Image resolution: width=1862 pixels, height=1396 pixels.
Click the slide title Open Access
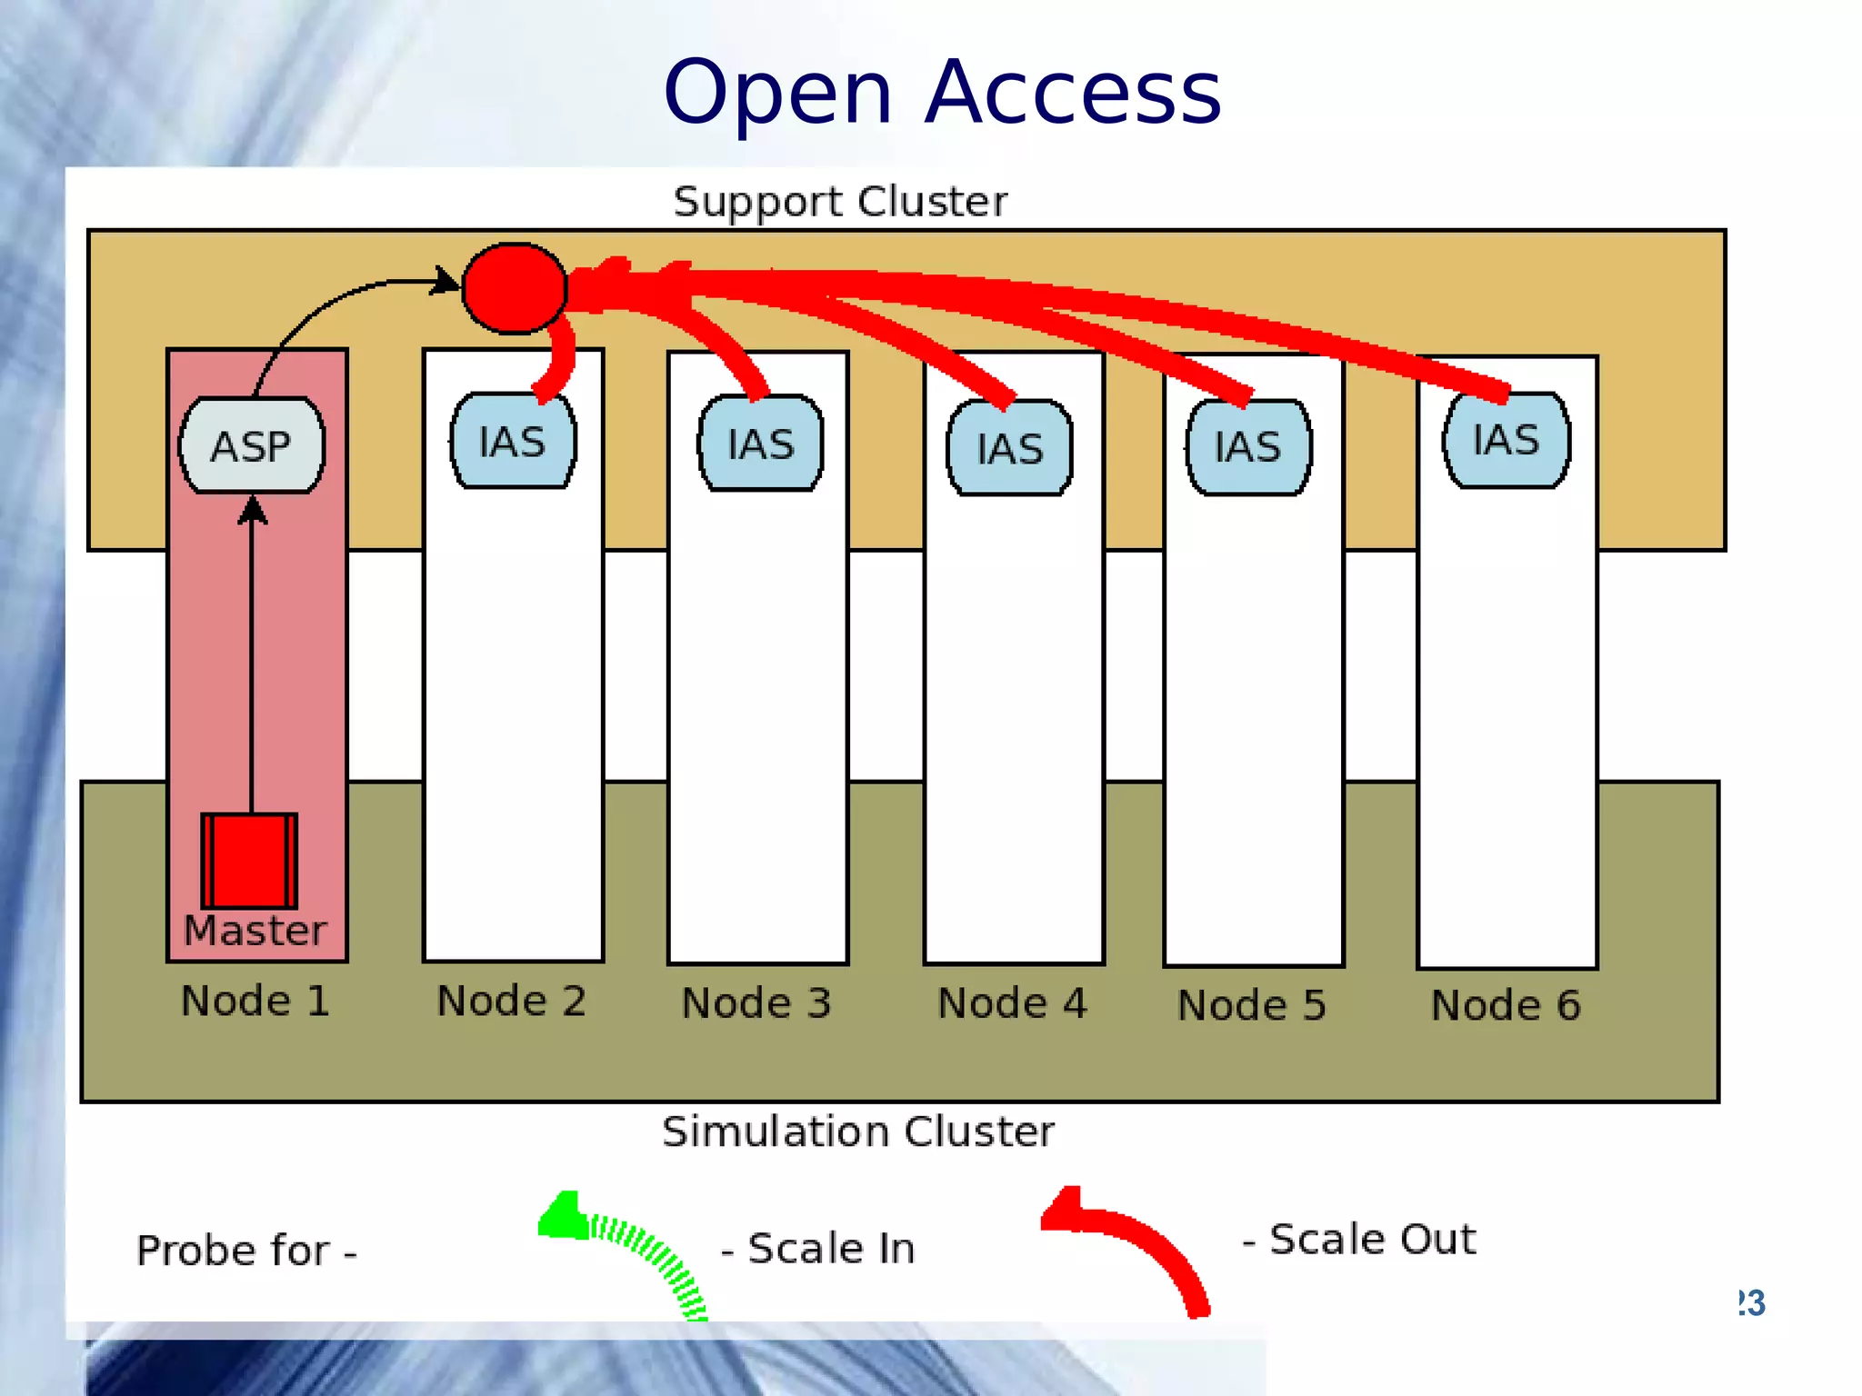942,92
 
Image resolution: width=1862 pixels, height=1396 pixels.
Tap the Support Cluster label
840,202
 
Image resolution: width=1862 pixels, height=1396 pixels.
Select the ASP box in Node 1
252,446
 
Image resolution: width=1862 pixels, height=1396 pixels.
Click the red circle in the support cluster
515,288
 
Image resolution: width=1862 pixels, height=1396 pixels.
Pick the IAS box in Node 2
513,443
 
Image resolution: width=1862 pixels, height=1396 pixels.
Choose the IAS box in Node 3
760,444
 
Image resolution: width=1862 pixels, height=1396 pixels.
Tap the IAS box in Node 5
1248,447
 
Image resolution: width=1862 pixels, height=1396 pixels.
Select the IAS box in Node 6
1506,441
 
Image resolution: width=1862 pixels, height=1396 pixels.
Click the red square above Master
249,860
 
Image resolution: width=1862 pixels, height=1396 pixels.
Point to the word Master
255,931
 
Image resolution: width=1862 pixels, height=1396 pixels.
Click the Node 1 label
255,1001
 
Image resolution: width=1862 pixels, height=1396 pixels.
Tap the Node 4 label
1012,1003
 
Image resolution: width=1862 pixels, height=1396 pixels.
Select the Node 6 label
1506,1005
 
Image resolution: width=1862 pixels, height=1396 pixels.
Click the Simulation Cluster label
857,1132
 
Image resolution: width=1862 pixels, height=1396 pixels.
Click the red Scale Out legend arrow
1136,1245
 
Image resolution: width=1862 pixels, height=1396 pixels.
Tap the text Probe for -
246,1251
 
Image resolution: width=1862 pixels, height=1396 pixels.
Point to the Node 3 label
756,1003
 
